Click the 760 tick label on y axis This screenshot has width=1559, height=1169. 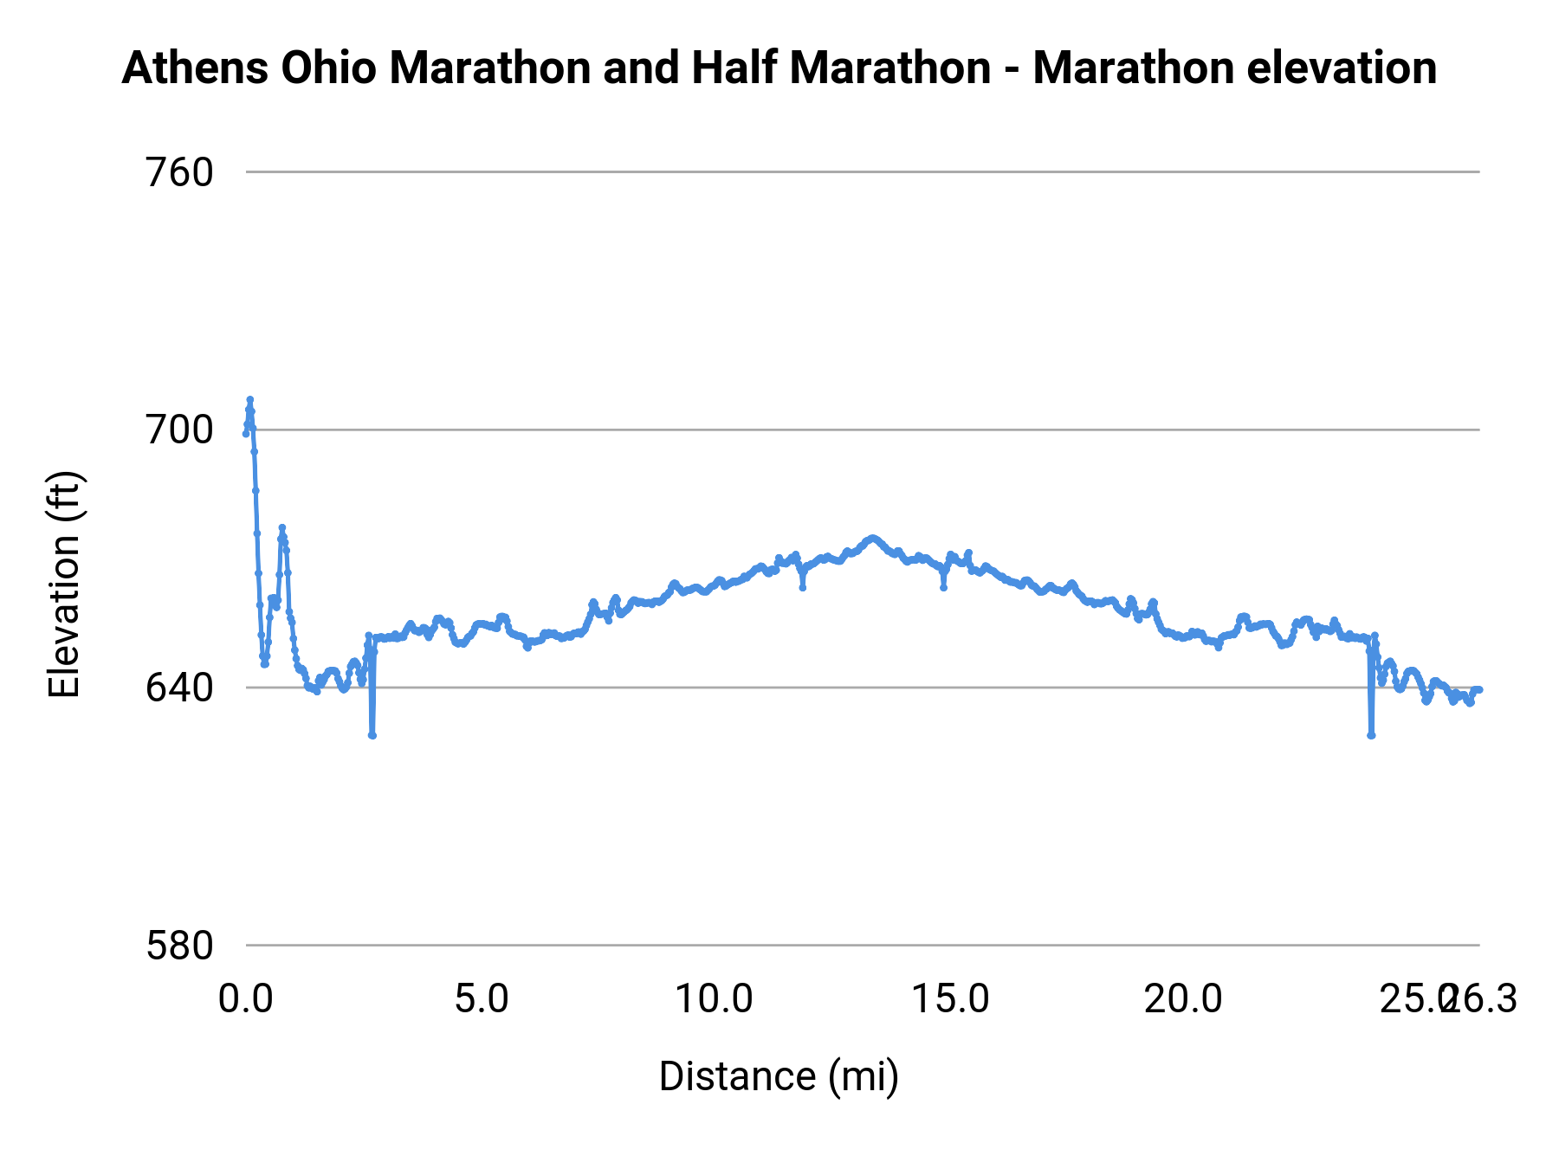(179, 172)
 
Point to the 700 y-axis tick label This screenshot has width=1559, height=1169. (179, 429)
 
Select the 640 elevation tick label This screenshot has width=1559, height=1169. (179, 688)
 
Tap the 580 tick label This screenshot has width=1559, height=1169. (179, 946)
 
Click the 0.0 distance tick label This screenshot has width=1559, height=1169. (245, 999)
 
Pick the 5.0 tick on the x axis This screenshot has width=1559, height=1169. (482, 999)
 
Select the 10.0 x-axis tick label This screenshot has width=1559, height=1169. (714, 999)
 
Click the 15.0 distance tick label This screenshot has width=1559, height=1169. (950, 999)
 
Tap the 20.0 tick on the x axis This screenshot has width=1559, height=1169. (1183, 999)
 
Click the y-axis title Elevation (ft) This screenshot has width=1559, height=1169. (64, 584)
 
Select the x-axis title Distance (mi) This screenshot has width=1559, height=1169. (779, 1076)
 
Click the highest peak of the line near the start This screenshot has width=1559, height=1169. (249, 399)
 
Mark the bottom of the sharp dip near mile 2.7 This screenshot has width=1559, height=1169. (372, 735)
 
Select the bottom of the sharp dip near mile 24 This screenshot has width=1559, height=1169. (1371, 735)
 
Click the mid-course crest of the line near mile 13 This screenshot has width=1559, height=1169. (872, 538)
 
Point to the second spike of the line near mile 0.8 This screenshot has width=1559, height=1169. (281, 527)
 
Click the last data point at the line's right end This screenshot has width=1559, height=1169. (1479, 689)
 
